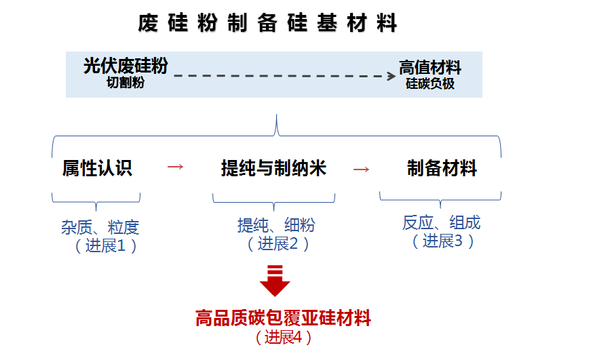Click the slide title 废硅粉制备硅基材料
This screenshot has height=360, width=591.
267,23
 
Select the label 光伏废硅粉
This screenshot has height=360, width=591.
126,66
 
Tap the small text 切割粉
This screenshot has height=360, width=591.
126,83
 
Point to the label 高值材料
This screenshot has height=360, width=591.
430,68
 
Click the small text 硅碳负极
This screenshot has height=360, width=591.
430,84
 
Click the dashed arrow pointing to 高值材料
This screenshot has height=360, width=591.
285,76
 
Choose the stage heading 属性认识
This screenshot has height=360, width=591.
97,168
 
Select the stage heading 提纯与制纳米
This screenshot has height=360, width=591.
273,168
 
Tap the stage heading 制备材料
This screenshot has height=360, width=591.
442,168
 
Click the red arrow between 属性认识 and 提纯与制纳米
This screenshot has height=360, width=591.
175,167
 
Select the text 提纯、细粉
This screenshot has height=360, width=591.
276,226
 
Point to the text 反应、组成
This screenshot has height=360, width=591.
442,222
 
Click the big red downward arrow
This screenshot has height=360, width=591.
275,281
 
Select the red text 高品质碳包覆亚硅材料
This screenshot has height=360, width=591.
284,317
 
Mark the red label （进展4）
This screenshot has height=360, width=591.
283,336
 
